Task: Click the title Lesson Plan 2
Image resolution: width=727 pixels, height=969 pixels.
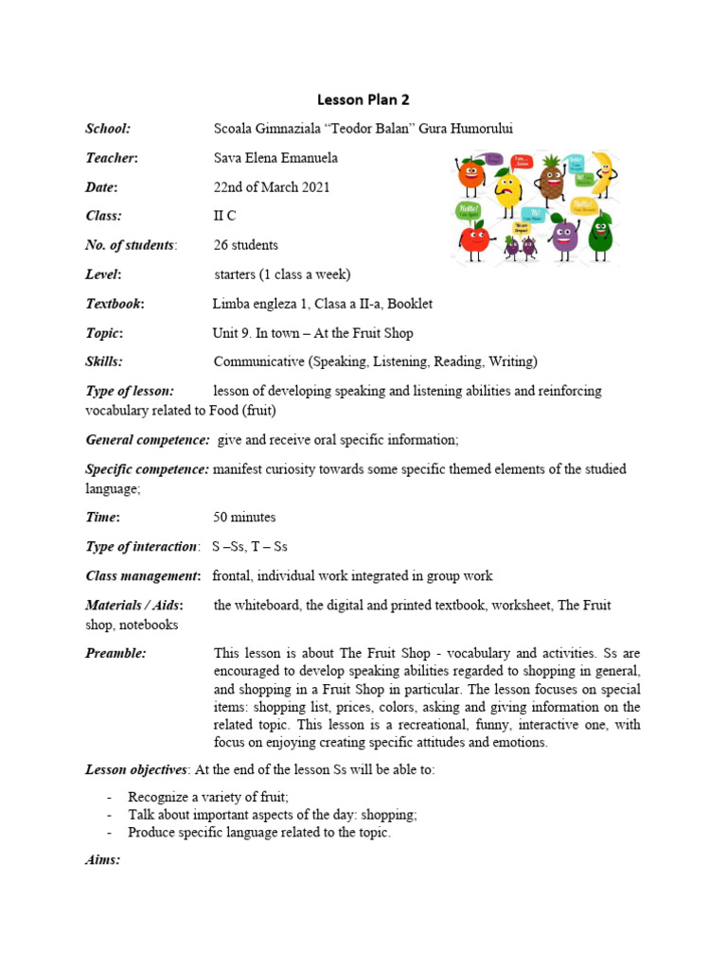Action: click(x=363, y=99)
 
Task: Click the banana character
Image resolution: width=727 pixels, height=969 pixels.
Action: click(x=599, y=175)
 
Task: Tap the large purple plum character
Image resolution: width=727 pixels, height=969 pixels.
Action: click(x=564, y=237)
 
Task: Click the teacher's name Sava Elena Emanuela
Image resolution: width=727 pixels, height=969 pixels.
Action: click(x=275, y=158)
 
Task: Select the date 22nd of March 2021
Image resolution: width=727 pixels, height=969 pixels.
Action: click(x=272, y=187)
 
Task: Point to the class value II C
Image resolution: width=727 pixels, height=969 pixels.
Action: click(x=224, y=216)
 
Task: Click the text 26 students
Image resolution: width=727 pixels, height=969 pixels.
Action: click(x=246, y=245)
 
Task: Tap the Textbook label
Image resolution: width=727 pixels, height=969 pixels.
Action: click(x=115, y=304)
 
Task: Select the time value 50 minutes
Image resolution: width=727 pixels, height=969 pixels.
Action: click(x=245, y=518)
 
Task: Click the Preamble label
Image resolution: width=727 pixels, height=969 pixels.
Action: click(x=115, y=653)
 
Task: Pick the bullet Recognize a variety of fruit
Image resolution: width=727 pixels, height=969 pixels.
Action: click(x=208, y=797)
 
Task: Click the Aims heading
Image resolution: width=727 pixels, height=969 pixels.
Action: click(x=103, y=860)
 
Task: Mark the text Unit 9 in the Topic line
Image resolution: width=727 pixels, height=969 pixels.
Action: click(x=233, y=333)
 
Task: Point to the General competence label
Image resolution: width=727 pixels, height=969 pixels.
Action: click(x=148, y=440)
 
